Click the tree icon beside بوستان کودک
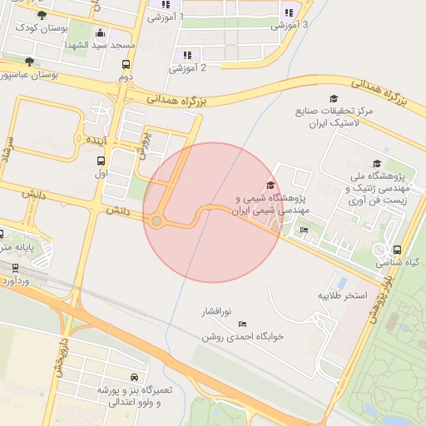click(42, 15)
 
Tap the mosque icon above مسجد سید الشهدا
click(101, 33)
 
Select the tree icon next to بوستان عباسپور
click(30, 62)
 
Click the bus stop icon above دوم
click(126, 65)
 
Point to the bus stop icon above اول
click(101, 162)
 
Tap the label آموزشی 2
click(188, 68)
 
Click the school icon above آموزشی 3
click(289, 12)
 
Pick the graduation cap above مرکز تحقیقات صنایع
click(334, 99)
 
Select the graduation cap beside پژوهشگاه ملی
click(377, 164)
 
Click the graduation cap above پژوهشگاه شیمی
click(270, 186)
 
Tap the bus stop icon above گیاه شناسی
click(396, 250)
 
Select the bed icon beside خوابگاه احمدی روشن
click(243, 323)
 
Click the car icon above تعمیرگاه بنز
click(135, 378)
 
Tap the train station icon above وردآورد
click(15, 268)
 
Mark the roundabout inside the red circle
click(156, 220)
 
